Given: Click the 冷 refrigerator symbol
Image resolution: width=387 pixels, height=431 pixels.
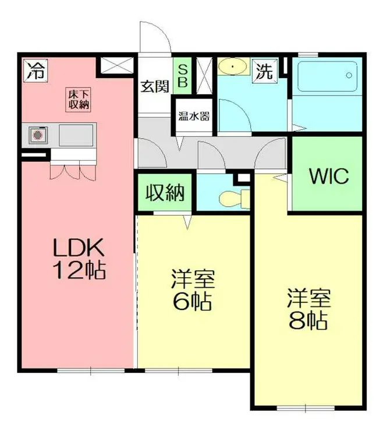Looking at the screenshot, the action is click(x=35, y=70).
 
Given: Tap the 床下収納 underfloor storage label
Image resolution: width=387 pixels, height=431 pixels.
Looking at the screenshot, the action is click(x=79, y=100).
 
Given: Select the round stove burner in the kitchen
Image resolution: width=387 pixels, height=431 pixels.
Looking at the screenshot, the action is click(x=38, y=135).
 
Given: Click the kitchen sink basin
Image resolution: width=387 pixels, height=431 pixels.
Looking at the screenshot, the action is click(x=76, y=135).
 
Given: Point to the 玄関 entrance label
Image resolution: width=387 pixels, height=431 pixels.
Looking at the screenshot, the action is click(x=155, y=87).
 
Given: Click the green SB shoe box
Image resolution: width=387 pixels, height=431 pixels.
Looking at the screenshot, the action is click(x=182, y=76).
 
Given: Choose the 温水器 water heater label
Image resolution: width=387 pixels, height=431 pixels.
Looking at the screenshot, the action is click(x=194, y=116).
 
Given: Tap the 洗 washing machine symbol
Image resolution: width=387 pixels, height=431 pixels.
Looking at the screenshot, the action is click(x=265, y=70).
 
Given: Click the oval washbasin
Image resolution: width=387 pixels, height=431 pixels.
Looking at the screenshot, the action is click(x=233, y=66).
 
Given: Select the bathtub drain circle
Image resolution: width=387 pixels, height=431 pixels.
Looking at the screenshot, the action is click(x=349, y=75).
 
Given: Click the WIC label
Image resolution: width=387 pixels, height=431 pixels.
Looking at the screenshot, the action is click(x=329, y=176).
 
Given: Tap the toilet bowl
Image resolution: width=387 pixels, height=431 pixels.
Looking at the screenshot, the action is click(x=230, y=198).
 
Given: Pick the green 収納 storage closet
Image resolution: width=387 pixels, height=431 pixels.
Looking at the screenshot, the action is click(x=165, y=192).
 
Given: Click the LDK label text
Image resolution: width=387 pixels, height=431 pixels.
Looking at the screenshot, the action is click(x=79, y=248).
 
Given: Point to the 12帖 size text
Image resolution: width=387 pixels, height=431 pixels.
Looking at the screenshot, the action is click(x=79, y=270).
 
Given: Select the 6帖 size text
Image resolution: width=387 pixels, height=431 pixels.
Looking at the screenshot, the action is click(x=193, y=301).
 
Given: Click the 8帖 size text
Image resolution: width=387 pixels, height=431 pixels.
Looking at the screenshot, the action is click(x=308, y=320).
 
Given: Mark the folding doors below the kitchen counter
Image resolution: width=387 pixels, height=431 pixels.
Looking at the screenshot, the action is click(x=73, y=172).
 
